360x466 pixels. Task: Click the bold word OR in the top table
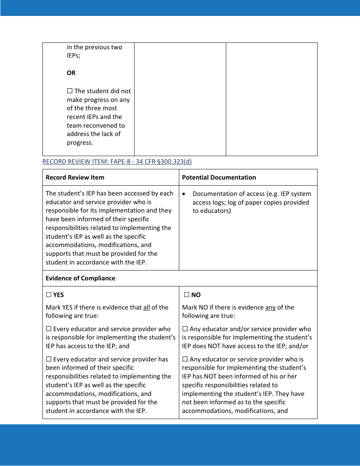[x=71, y=73]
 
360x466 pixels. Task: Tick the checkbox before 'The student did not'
[x=70, y=91]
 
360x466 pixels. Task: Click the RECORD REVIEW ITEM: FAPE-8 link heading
[x=117, y=162]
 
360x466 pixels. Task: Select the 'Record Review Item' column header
[x=75, y=177]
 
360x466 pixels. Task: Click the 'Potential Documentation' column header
[x=219, y=177]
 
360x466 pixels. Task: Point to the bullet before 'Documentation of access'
[x=184, y=194]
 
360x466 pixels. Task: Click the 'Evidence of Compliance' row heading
[x=80, y=278]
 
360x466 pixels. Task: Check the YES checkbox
[x=49, y=295]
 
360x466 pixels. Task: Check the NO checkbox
[x=186, y=295]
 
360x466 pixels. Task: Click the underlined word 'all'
[x=146, y=307]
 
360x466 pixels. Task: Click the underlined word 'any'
[x=270, y=307]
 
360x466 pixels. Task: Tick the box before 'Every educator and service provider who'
[x=49, y=329]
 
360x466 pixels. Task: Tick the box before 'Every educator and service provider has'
[x=49, y=359]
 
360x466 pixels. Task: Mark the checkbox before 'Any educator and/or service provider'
[x=185, y=329]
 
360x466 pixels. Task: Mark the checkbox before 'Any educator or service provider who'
[x=185, y=359]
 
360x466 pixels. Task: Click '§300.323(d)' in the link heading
[x=174, y=162]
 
